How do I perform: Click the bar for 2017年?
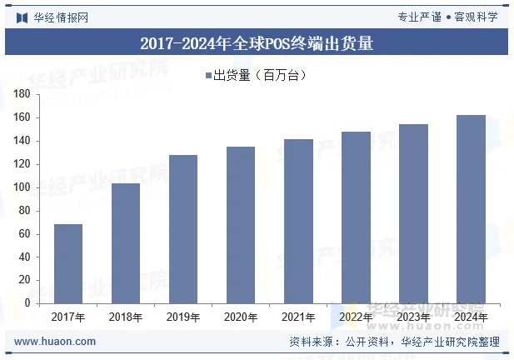(x=68, y=263)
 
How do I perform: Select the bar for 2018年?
(x=126, y=243)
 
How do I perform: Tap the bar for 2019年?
(x=183, y=229)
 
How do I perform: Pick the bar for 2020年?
(x=241, y=225)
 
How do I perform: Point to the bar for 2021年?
(x=298, y=221)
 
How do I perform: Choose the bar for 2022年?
(x=356, y=217)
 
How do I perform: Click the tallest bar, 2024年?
(x=471, y=209)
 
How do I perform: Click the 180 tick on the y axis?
(x=22, y=94)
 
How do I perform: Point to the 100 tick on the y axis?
(x=22, y=187)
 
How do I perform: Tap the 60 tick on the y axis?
(x=24, y=234)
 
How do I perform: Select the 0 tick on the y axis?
(x=27, y=303)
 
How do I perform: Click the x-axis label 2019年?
(x=183, y=317)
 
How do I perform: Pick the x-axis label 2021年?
(x=298, y=317)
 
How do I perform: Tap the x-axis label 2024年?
(x=471, y=317)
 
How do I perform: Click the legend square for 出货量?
(x=209, y=77)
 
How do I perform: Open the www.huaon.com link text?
(x=55, y=342)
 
